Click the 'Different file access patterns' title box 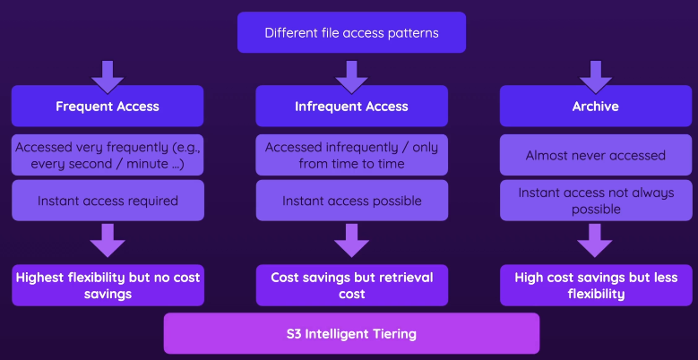(351, 33)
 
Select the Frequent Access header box (108, 106)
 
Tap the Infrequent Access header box (351, 106)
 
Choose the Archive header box (595, 106)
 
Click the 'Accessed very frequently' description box (108, 155)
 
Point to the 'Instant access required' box (108, 201)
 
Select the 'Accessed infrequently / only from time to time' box (351, 155)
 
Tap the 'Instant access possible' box (351, 201)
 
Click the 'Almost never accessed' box (595, 155)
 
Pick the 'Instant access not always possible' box (595, 201)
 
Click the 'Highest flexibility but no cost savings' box (108, 286)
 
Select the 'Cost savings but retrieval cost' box (351, 286)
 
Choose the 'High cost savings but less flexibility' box (595, 286)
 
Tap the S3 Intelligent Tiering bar (351, 334)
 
